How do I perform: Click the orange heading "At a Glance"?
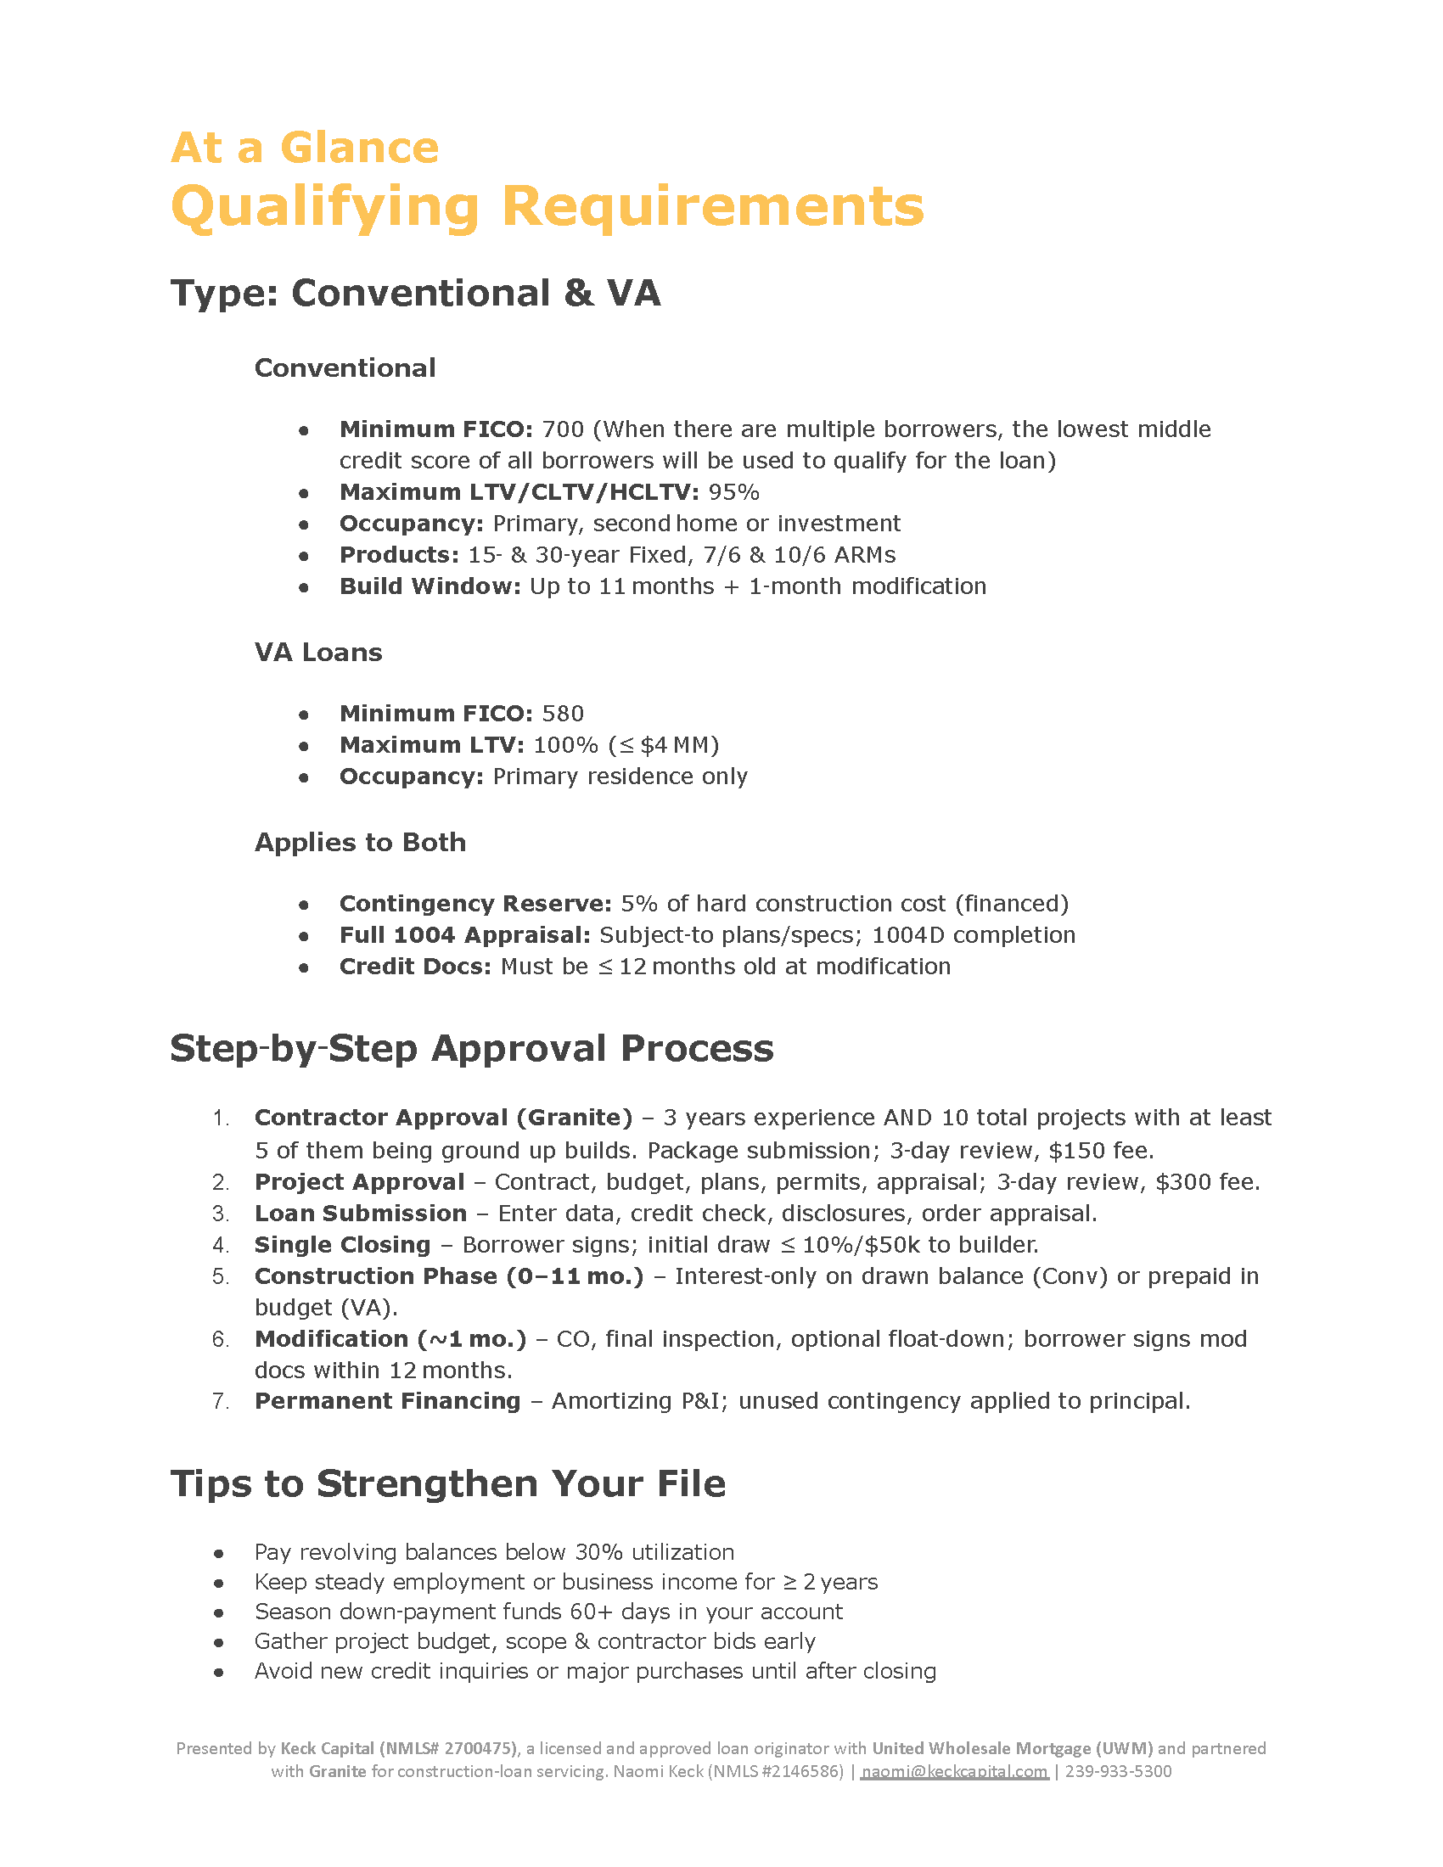tap(305, 148)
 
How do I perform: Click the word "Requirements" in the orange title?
tap(712, 207)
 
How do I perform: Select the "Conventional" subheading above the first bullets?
tap(345, 368)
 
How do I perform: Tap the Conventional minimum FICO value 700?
tap(563, 429)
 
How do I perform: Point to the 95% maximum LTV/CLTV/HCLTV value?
tap(733, 492)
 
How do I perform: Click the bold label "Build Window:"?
tap(430, 586)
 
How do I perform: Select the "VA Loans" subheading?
tap(318, 653)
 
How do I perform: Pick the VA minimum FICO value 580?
tap(563, 714)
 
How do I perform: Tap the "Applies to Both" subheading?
tap(360, 843)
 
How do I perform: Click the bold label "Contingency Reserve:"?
tap(475, 904)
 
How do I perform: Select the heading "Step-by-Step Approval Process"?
tap(471, 1049)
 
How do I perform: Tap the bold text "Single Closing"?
tap(342, 1245)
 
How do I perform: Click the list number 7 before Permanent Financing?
tap(220, 1401)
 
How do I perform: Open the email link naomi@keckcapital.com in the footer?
tap(954, 1771)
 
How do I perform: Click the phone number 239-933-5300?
tap(1118, 1771)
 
